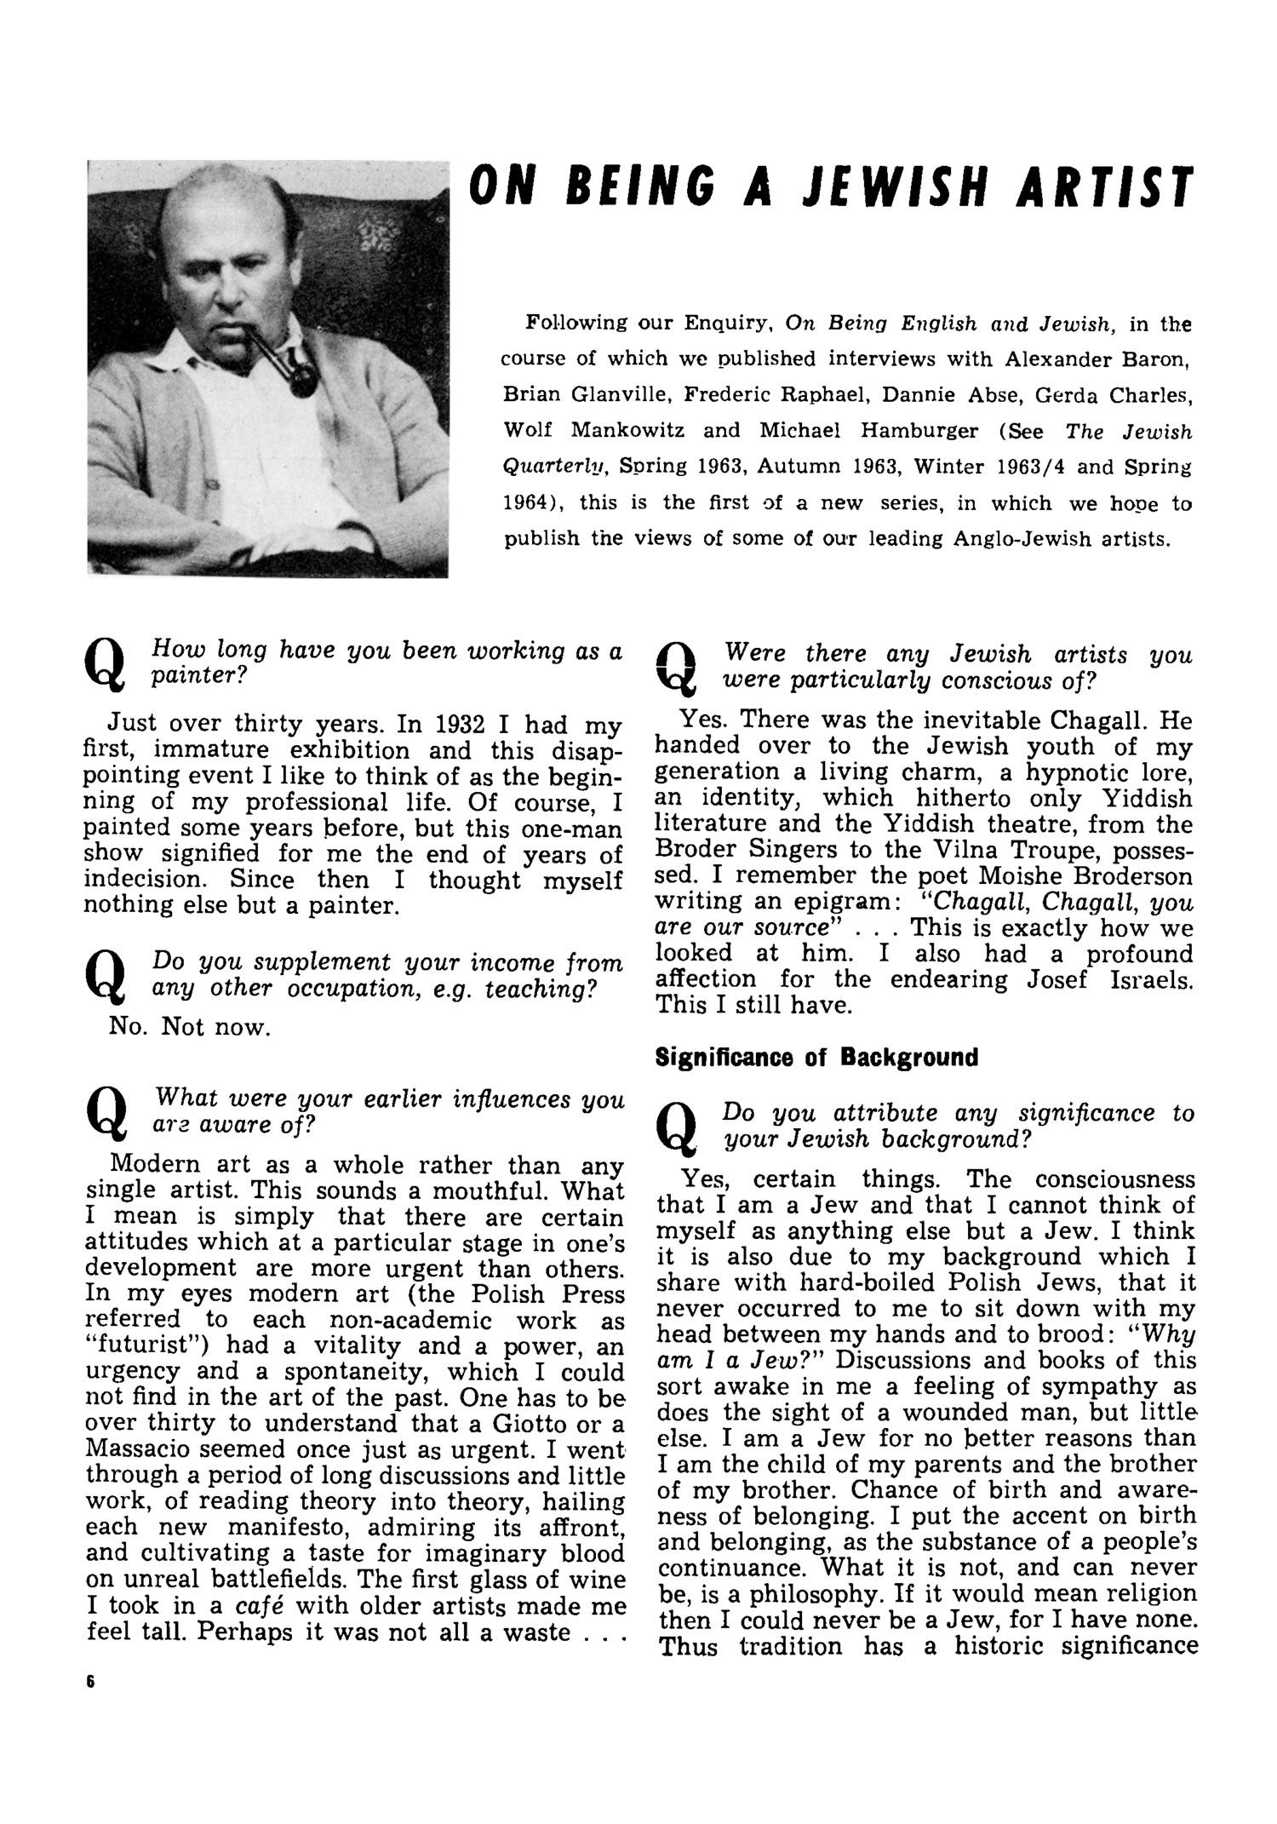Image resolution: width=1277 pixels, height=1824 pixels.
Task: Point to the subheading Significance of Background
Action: click(816, 1058)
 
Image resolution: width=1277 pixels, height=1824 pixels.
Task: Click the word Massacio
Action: click(142, 1449)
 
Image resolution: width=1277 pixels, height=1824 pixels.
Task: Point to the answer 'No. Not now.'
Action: click(190, 1027)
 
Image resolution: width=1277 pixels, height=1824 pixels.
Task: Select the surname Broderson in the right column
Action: click(1128, 875)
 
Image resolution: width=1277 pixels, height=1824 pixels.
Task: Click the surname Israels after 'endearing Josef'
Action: click(1152, 979)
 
